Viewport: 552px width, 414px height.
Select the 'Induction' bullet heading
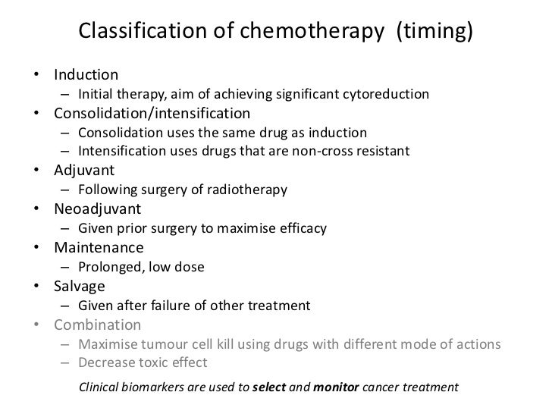[x=86, y=75]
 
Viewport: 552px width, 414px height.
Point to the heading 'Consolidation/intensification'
[x=152, y=114]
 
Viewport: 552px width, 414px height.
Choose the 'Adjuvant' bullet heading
[x=83, y=170]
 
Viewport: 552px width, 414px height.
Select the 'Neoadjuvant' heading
[x=98, y=209]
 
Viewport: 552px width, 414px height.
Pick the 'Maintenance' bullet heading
[x=99, y=247]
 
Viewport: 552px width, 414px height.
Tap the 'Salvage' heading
[x=80, y=287]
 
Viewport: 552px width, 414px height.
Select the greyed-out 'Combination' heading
[x=98, y=325]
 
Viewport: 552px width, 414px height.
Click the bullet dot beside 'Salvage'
[x=37, y=287]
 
